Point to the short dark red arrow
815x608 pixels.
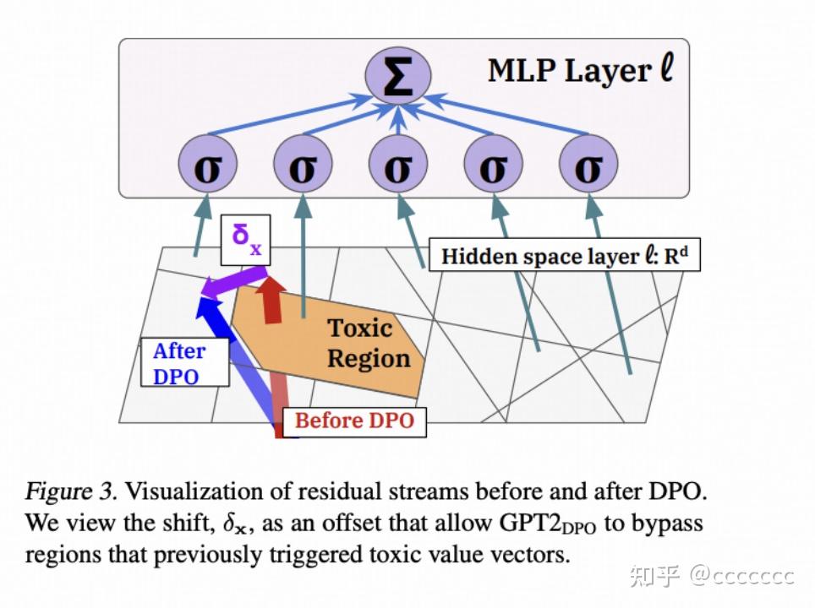click(272, 299)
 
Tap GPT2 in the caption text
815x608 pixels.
click(528, 524)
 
